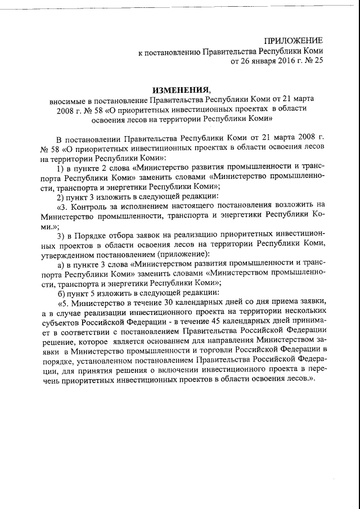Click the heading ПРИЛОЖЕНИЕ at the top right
[294, 40]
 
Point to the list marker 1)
[61, 168]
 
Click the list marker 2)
[61, 197]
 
